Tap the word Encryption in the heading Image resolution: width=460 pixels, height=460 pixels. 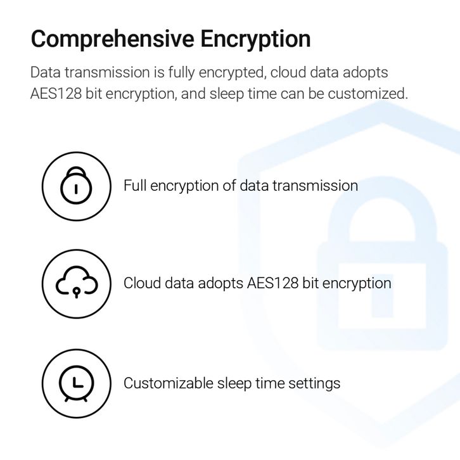(255, 39)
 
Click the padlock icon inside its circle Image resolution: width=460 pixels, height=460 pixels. (76, 186)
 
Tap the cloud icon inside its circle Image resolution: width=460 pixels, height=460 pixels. (76, 283)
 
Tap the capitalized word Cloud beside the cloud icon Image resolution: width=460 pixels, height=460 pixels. (141, 283)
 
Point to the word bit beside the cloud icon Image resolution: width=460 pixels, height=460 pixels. (310, 283)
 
